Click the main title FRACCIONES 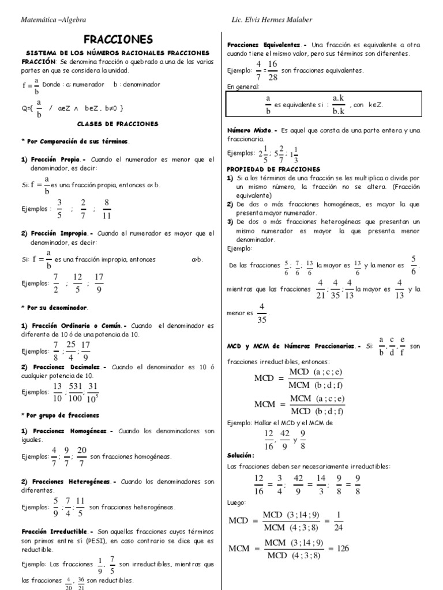click(x=118, y=39)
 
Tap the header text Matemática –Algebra click(x=53, y=20)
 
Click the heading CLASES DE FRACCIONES click(x=117, y=123)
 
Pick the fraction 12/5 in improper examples click(x=77, y=282)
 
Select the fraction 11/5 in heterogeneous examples click(x=80, y=506)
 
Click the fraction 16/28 click(x=272, y=70)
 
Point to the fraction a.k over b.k click(x=339, y=104)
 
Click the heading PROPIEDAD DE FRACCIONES click(x=273, y=169)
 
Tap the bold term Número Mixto click(x=248, y=131)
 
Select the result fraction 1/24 click(x=339, y=521)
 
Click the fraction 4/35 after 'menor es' click(x=261, y=313)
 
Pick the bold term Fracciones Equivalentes click(x=262, y=44)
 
